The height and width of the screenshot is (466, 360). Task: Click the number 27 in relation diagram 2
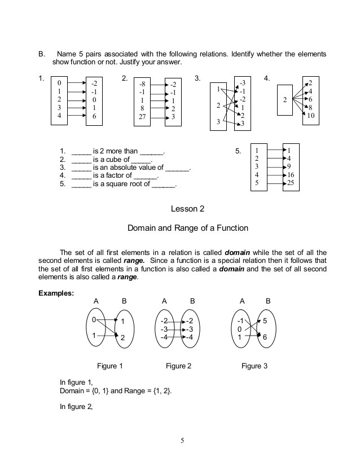tap(143, 118)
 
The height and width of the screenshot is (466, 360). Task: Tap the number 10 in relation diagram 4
tap(311, 116)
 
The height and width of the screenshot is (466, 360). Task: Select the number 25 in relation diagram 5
tap(291, 183)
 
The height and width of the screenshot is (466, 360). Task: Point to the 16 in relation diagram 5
tap(291, 175)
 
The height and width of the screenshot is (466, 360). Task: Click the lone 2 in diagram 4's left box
tap(285, 99)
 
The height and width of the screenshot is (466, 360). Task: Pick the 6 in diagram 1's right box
tap(94, 116)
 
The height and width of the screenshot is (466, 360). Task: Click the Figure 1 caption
tap(110, 366)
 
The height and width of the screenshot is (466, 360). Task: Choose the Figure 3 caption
tap(254, 366)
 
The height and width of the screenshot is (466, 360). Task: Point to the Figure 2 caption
tap(178, 366)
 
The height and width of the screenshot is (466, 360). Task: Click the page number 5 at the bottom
tap(182, 441)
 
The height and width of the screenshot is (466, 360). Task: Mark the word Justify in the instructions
tap(142, 62)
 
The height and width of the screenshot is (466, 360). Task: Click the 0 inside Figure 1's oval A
tap(94, 320)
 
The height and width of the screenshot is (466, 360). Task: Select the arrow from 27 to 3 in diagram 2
tap(158, 118)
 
